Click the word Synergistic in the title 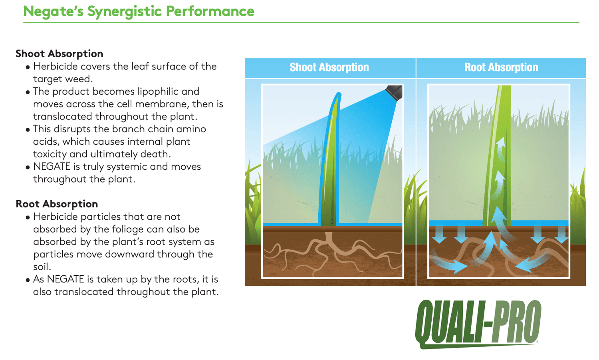(x=124, y=12)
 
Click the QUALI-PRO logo (x=478, y=324)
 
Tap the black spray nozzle (x=394, y=93)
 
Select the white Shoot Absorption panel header (x=329, y=67)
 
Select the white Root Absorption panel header (x=501, y=67)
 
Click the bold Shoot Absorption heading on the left (x=60, y=54)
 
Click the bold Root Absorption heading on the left (x=57, y=204)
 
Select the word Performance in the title (x=210, y=11)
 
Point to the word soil (x=42, y=267)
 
